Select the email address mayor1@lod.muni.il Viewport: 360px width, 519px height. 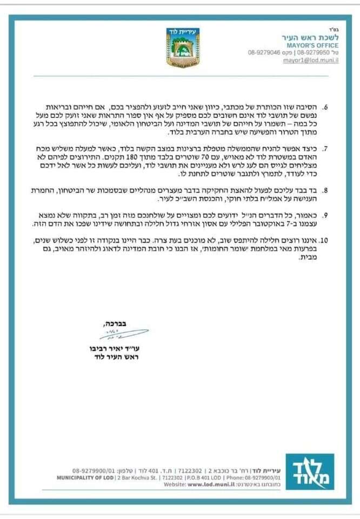(x=311, y=61)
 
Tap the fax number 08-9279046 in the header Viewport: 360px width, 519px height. (x=264, y=53)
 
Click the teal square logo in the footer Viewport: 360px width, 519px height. (x=309, y=471)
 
